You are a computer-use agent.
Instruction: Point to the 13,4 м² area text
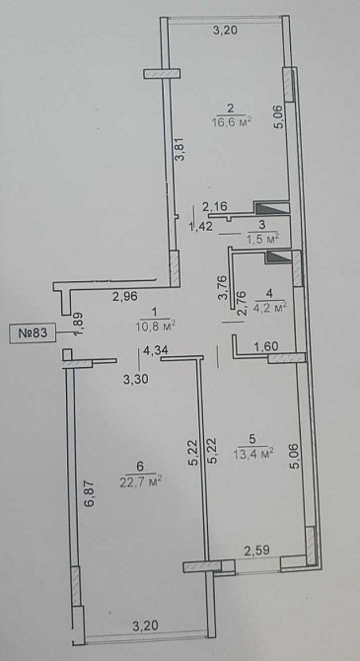(253, 453)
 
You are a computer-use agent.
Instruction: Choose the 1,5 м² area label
(260, 238)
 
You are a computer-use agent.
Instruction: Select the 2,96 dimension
(124, 296)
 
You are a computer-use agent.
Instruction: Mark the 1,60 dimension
(267, 346)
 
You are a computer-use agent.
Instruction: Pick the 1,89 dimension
(78, 322)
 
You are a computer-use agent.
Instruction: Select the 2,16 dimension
(215, 206)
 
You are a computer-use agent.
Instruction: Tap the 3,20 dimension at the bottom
(146, 625)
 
